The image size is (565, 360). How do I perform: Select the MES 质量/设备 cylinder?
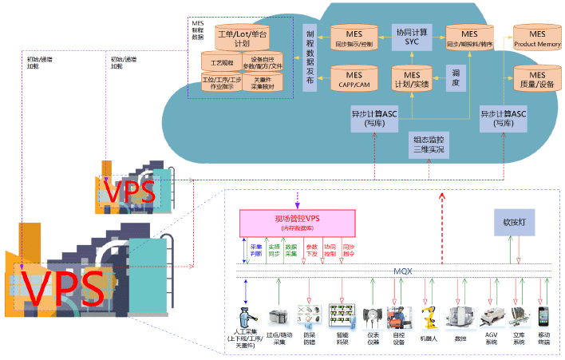(535, 79)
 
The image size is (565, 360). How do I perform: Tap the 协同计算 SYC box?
(412, 35)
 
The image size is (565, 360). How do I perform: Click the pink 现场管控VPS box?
(297, 221)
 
